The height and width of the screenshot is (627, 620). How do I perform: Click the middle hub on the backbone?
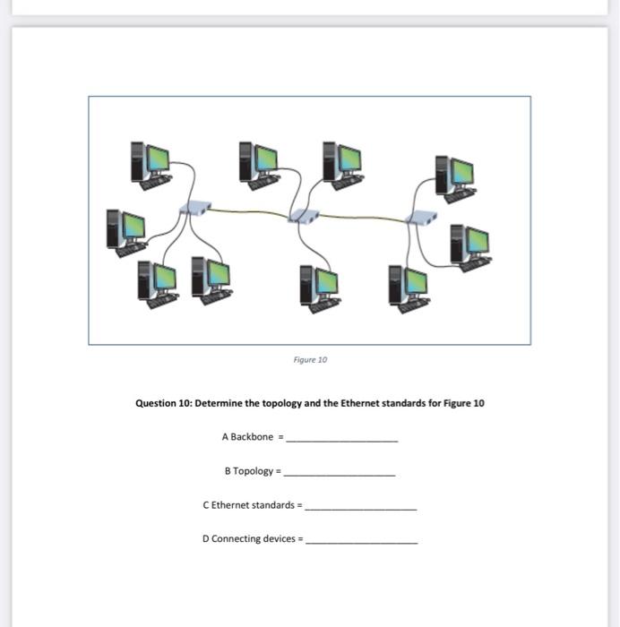pyautogui.click(x=304, y=215)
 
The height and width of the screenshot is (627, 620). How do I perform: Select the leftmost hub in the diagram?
pyautogui.click(x=194, y=208)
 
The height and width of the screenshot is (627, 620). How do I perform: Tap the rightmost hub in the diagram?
pyautogui.click(x=421, y=216)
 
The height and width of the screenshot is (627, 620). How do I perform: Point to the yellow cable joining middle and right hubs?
pyautogui.click(x=363, y=217)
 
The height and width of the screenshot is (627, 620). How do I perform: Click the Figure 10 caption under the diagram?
pyautogui.click(x=310, y=359)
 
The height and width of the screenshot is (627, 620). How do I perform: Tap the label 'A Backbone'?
pyautogui.click(x=246, y=437)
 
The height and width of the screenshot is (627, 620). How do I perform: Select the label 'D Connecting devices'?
pyautogui.click(x=249, y=539)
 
